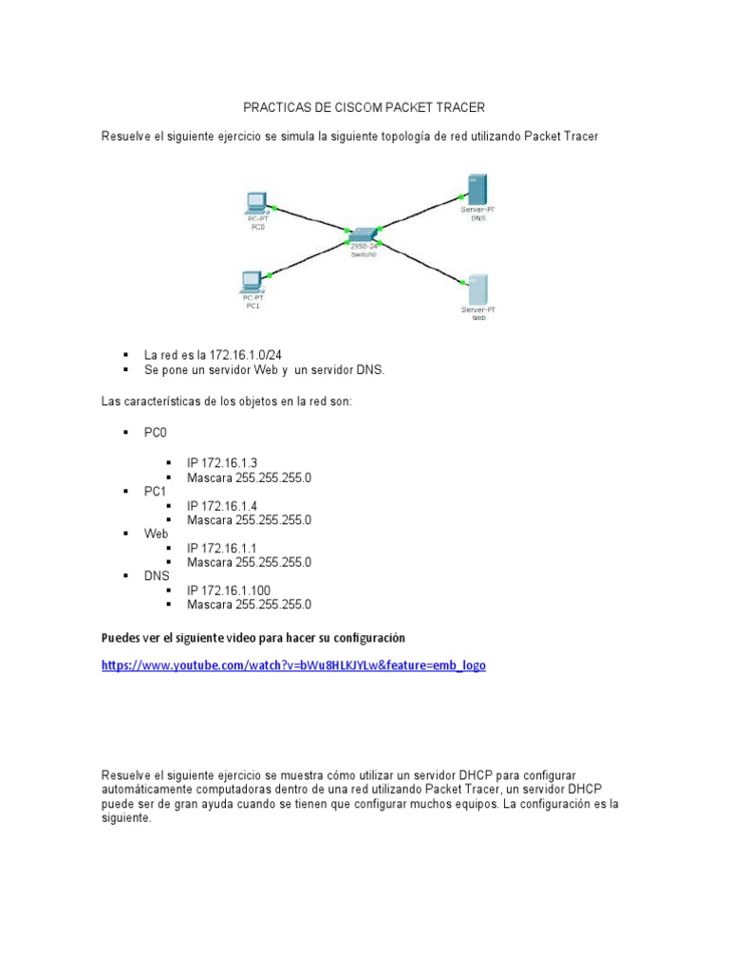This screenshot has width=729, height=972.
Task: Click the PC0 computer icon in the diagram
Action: (254, 202)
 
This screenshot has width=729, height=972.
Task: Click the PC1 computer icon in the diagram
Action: (252, 280)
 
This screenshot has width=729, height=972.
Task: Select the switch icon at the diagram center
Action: (364, 234)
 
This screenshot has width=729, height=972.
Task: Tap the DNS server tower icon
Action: (477, 188)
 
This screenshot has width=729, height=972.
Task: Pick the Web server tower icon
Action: (477, 289)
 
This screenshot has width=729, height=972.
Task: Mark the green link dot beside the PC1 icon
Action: (270, 275)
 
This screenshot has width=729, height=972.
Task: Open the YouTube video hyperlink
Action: (293, 665)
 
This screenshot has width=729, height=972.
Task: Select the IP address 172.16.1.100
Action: (229, 589)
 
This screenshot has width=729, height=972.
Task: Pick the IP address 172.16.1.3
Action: (222, 463)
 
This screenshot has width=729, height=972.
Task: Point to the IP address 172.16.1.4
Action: (222, 506)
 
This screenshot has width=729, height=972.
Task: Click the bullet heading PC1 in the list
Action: (155, 492)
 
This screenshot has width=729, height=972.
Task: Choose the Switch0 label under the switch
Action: (364, 255)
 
